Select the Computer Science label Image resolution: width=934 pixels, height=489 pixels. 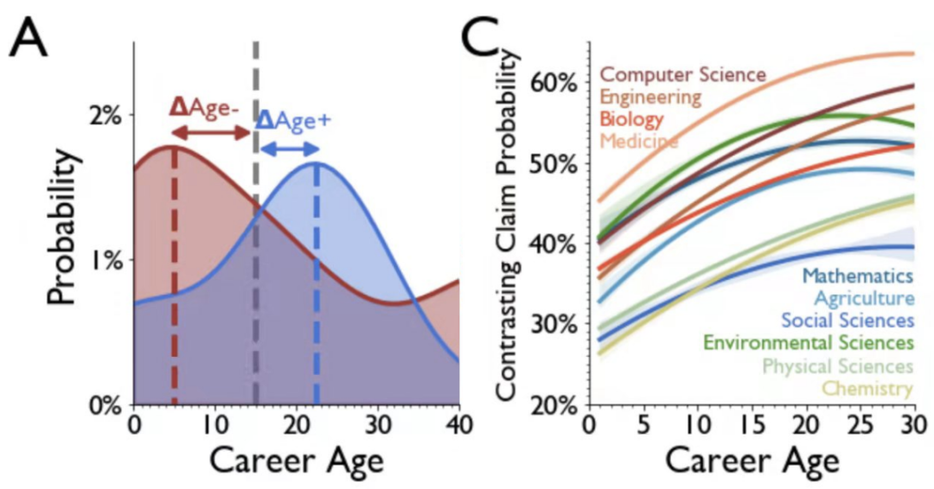coord(683,75)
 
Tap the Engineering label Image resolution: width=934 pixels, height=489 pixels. coord(649,97)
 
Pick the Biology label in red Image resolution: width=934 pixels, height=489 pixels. coord(631,118)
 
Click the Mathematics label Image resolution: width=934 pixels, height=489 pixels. coord(858,276)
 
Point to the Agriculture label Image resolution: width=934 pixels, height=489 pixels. coord(864,299)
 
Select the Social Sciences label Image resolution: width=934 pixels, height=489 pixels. coord(848,321)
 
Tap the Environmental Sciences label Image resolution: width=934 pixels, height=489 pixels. coord(809,344)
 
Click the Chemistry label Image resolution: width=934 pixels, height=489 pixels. coord(867,389)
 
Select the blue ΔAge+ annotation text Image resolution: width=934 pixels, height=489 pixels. coord(294,120)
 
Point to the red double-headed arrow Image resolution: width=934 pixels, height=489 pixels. coord(210,132)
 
